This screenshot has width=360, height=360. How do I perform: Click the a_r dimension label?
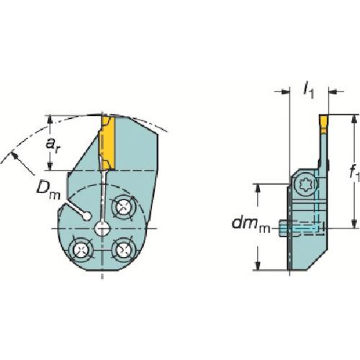53,146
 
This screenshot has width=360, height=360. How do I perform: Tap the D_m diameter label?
48,192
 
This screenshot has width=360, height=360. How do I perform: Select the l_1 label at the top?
309,91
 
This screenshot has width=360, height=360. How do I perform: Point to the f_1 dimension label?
355,173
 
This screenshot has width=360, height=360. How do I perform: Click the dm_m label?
251,225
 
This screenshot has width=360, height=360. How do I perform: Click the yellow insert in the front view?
107,143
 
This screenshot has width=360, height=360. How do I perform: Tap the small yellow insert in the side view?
323,124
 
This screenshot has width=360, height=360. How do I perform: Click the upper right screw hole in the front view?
123,207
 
